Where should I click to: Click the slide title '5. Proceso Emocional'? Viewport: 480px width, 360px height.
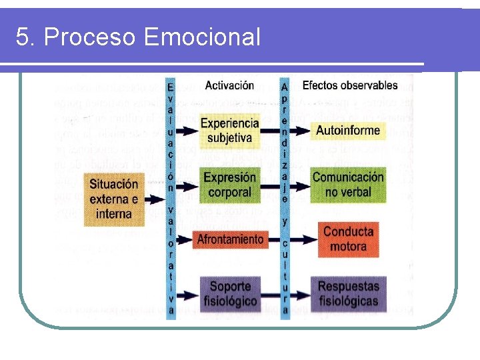pyautogui.click(x=138, y=37)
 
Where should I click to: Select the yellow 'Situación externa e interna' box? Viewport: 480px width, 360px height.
pyautogui.click(x=113, y=199)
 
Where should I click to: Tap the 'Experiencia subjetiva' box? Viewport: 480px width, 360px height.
pyautogui.click(x=229, y=131)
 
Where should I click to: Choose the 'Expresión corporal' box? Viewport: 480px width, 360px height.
pyautogui.click(x=229, y=185)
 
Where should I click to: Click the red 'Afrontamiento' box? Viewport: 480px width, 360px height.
pyautogui.click(x=229, y=239)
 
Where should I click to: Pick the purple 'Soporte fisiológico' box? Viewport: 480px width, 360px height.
pyautogui.click(x=229, y=293)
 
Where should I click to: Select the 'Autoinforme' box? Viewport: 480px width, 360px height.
pyautogui.click(x=347, y=131)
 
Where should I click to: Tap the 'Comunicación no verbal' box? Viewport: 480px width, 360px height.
pyautogui.click(x=347, y=185)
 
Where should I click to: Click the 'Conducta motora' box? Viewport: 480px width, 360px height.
pyautogui.click(x=347, y=239)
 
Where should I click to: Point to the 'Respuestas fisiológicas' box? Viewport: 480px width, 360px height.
pyautogui.click(x=347, y=293)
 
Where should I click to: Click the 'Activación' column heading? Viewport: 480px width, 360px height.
pyautogui.click(x=229, y=85)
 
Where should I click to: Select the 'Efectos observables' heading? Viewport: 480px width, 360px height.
pyautogui.click(x=349, y=85)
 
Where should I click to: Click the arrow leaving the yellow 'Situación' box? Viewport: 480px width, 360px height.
pyautogui.click(x=154, y=199)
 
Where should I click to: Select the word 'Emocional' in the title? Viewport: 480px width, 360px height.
pyautogui.click(x=201, y=37)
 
